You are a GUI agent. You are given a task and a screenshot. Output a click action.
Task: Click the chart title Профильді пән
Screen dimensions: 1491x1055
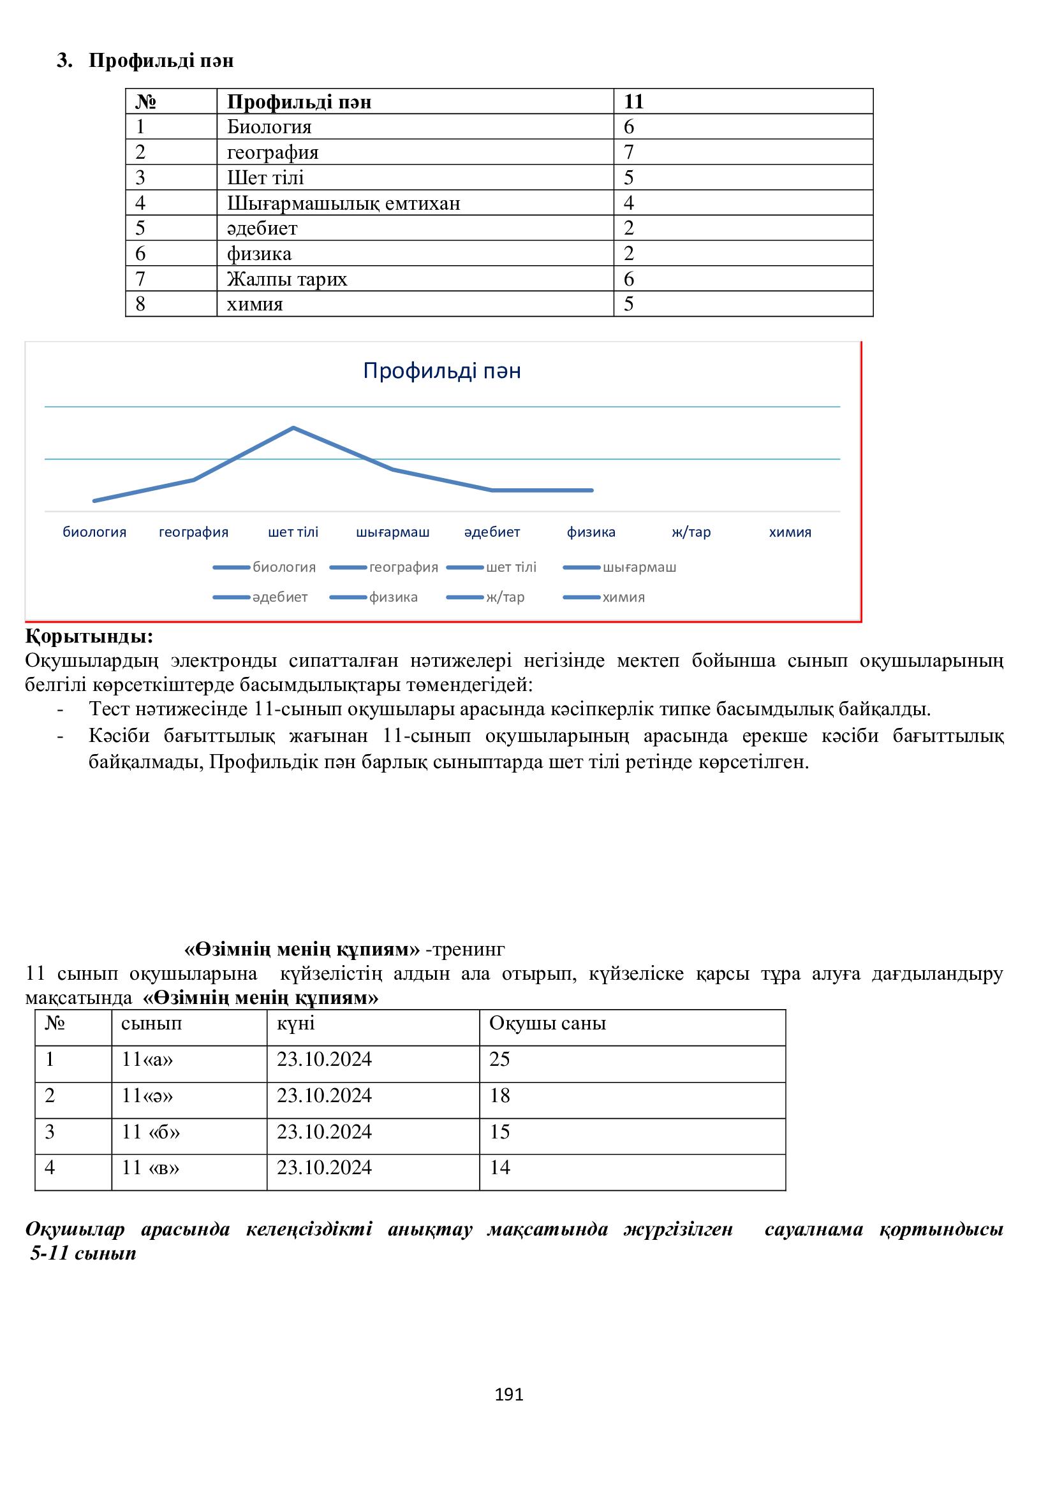point(442,371)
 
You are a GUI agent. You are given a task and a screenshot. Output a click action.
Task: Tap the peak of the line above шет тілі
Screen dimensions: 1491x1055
point(293,428)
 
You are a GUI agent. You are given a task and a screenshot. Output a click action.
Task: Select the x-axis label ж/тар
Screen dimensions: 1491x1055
point(691,532)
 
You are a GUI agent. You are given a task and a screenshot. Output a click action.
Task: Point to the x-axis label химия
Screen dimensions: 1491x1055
point(790,532)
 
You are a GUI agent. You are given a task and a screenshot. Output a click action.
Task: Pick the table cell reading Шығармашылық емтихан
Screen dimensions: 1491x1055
point(343,203)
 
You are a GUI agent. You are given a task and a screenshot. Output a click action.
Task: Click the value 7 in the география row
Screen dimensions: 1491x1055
point(629,152)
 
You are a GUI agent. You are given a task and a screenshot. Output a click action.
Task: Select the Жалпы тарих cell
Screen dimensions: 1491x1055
point(286,279)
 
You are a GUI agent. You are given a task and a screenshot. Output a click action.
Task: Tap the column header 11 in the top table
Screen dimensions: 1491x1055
point(633,102)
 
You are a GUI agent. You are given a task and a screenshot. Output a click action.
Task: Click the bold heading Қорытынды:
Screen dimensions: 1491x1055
point(89,636)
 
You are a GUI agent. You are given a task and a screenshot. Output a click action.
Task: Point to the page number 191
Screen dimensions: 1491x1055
point(508,1394)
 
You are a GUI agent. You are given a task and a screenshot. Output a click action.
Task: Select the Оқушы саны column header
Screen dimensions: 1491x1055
point(547,1024)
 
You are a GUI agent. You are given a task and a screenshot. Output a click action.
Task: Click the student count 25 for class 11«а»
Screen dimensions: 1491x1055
point(499,1059)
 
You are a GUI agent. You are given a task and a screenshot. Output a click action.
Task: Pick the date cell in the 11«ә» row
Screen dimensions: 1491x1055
point(324,1096)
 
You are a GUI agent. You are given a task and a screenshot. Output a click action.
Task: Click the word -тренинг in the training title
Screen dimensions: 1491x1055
point(464,949)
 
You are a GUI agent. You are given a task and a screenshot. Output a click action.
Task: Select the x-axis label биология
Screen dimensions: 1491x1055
point(94,532)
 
